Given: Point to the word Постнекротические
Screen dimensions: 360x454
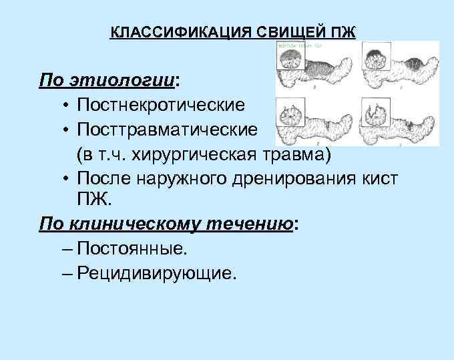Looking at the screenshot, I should [x=160, y=106].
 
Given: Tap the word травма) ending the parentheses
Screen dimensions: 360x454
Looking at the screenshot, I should [x=302, y=154].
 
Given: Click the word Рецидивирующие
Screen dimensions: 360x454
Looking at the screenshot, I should [x=156, y=273].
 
